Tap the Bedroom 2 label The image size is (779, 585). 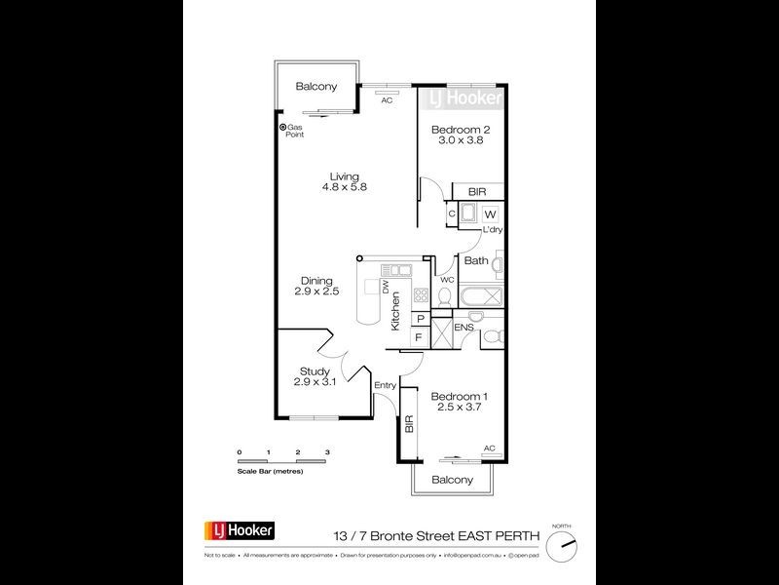[457, 128]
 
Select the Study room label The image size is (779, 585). [315, 370]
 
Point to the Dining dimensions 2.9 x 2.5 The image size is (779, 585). [315, 292]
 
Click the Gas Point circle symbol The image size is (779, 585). [283, 127]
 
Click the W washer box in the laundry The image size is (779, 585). [490, 214]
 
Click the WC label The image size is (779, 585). [447, 280]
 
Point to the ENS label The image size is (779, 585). [463, 328]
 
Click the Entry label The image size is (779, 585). [386, 385]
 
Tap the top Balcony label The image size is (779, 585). [316, 87]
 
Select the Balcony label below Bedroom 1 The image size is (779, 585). [452, 480]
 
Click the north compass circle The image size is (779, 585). [562, 546]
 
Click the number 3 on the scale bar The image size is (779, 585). [328, 453]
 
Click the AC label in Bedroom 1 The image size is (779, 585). [489, 448]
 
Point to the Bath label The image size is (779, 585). [476, 260]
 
